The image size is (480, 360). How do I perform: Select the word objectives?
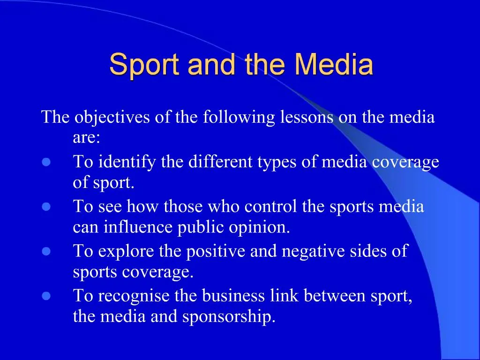112,117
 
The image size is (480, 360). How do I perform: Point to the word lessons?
307,117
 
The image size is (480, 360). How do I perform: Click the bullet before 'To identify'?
46,162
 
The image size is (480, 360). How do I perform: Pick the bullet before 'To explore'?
46,251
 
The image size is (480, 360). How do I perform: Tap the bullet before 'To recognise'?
46,296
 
